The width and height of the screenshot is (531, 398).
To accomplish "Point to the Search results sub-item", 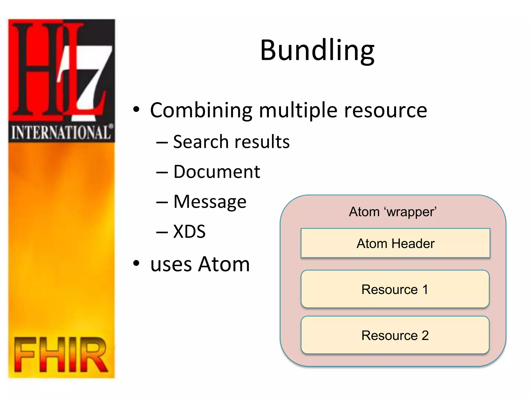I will (x=231, y=142).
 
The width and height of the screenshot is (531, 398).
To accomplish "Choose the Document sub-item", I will (x=216, y=172).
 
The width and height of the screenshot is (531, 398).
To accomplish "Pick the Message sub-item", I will (x=210, y=202).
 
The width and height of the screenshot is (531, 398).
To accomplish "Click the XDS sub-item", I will (x=189, y=231).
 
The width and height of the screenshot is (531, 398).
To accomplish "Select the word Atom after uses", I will (x=224, y=264).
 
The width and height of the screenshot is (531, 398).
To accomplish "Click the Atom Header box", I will (x=395, y=243).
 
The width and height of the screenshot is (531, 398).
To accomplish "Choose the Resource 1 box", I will (x=395, y=289).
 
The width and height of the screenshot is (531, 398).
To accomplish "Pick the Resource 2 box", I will (x=395, y=335).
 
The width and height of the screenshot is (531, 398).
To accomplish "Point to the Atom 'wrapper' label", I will (x=393, y=212).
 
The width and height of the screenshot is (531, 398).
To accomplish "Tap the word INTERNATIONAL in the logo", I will (x=61, y=132).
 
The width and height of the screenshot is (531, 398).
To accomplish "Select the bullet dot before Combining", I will (x=136, y=110).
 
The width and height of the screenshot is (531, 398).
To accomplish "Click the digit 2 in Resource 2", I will (x=425, y=335).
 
